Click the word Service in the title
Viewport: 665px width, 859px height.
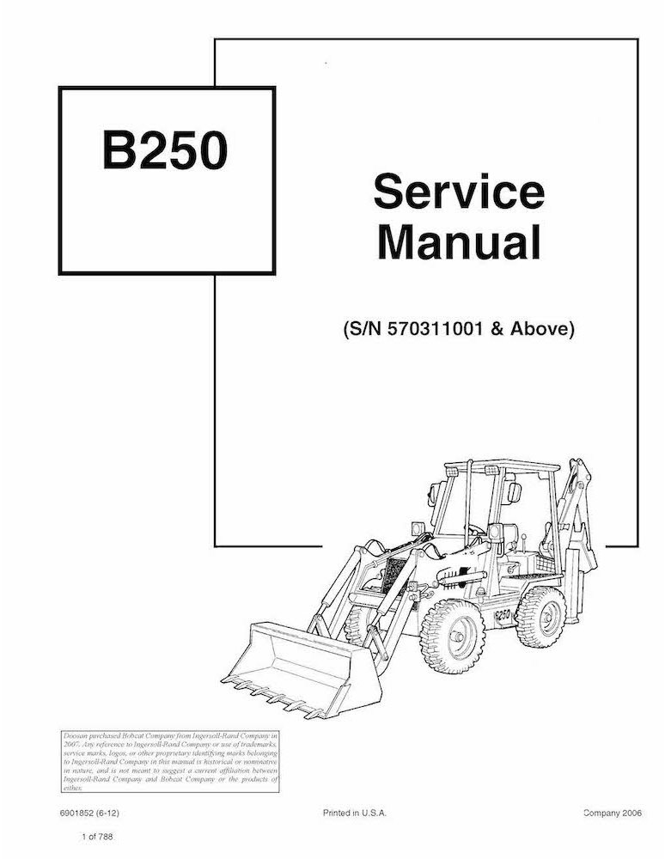pos(458,191)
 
